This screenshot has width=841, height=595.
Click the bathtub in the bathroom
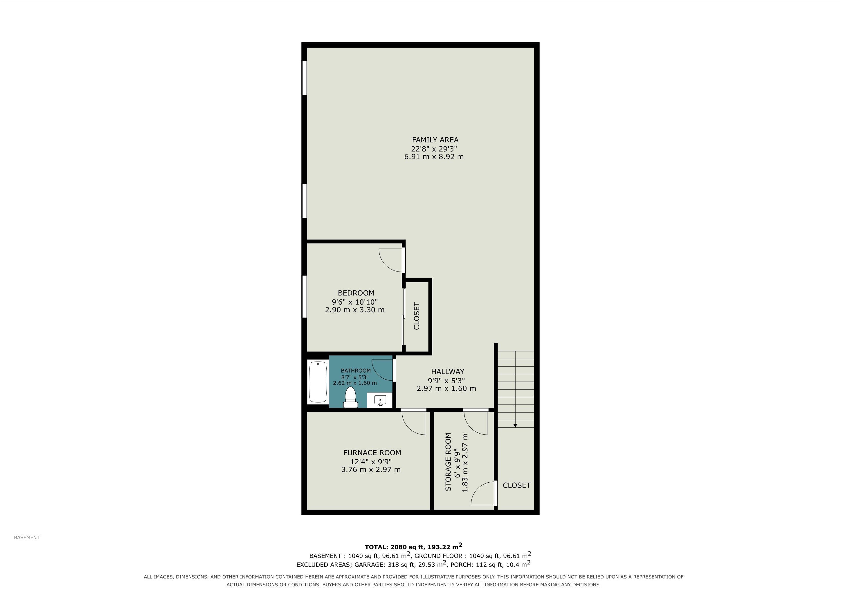point(318,382)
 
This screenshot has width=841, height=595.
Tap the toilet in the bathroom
point(350,397)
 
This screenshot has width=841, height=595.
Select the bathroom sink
point(380,401)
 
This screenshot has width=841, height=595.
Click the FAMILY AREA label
point(435,140)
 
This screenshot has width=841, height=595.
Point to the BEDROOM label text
point(356,293)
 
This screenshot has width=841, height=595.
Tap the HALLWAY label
point(447,371)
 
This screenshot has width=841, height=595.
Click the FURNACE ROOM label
point(372,452)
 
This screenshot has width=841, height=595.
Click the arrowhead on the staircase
point(515,425)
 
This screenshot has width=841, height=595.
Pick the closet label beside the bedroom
point(417,316)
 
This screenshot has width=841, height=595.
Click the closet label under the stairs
point(516,485)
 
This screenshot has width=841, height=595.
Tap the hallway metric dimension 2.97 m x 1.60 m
point(446,388)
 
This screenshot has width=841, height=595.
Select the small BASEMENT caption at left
point(27,538)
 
